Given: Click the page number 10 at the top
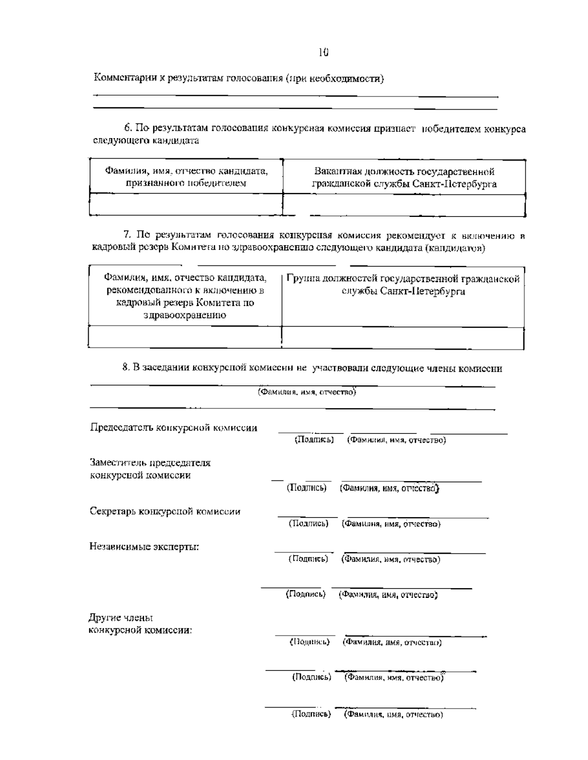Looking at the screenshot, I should click(323, 52).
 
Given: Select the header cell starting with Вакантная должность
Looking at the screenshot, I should click(404, 178).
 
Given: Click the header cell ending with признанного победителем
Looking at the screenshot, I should click(186, 177).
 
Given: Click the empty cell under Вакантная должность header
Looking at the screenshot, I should click(404, 205).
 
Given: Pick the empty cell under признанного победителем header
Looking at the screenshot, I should click(186, 205).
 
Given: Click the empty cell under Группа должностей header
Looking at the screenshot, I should click(403, 337).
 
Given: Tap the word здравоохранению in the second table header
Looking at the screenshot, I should click(185, 315).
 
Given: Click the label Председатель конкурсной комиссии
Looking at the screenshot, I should click(173, 427).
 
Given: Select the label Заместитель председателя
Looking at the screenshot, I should click(150, 463).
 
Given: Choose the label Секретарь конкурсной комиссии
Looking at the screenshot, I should click(165, 512).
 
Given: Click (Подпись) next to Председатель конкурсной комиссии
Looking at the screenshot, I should click(314, 440).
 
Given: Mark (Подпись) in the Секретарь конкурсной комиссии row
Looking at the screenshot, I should click(308, 524).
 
